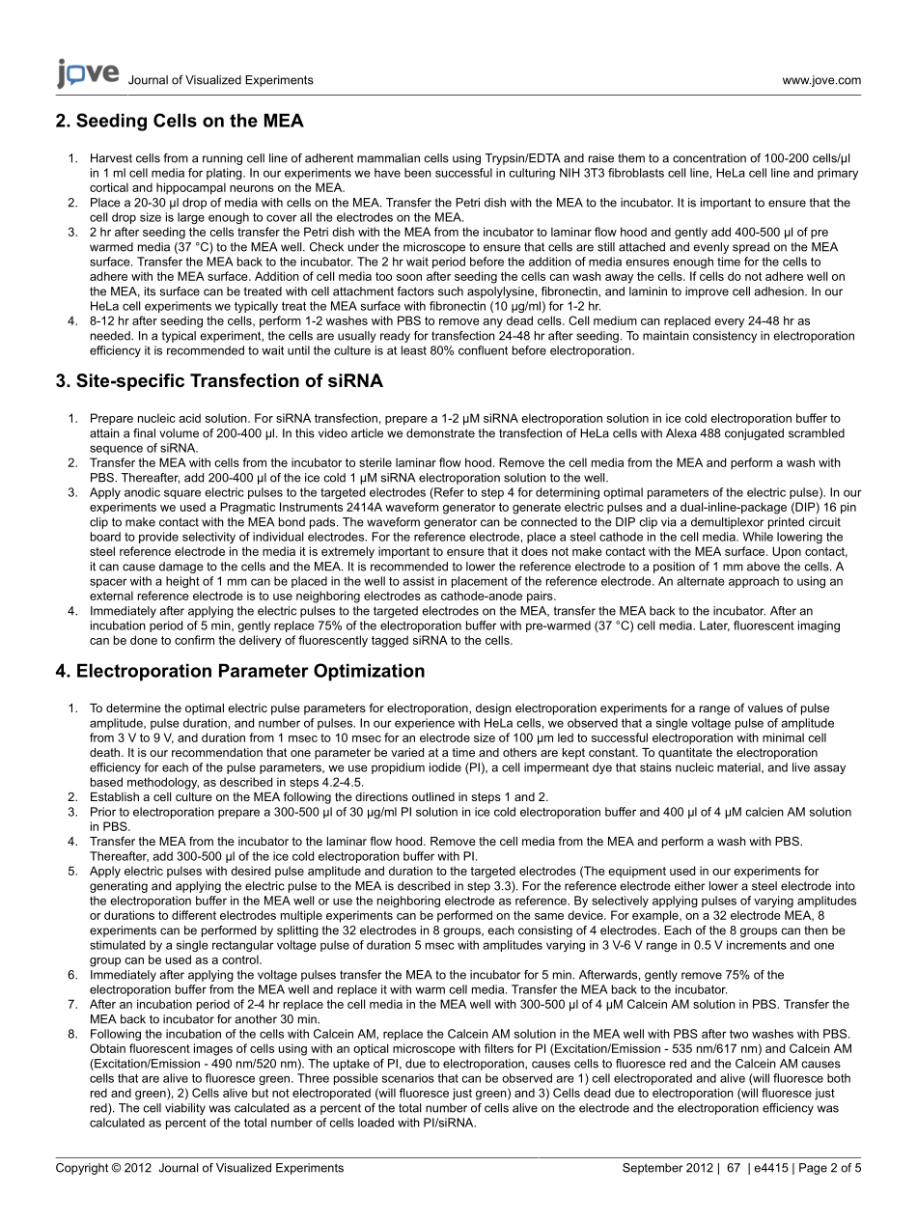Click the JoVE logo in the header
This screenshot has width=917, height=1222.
coord(88,73)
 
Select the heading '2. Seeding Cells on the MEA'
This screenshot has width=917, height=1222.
coord(180,121)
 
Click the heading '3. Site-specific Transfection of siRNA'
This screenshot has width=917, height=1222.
coord(219,381)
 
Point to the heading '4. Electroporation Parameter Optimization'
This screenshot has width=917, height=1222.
coord(240,671)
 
